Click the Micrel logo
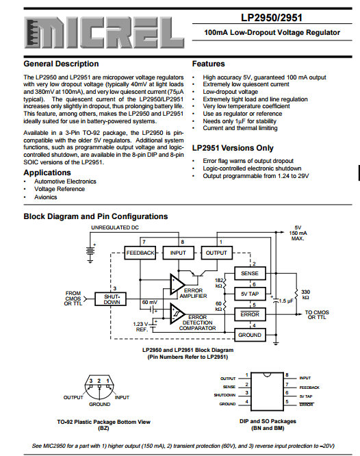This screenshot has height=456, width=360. (104, 33)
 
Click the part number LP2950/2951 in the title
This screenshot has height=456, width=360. (272, 18)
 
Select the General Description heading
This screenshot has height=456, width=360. (61, 64)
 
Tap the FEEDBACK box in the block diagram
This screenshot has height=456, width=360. (140, 253)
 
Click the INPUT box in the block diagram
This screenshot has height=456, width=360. (178, 253)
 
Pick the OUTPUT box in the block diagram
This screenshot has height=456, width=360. (216, 253)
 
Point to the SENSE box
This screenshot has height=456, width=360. (250, 273)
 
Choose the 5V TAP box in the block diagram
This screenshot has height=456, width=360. (250, 294)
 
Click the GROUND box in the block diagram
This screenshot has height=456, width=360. (250, 335)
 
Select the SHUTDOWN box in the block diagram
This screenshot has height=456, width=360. (111, 299)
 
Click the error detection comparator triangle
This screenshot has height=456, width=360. (177, 314)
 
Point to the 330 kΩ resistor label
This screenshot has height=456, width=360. (305, 294)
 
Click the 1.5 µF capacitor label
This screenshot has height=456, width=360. (286, 301)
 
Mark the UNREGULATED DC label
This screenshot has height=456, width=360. (115, 227)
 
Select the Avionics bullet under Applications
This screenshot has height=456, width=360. (46, 197)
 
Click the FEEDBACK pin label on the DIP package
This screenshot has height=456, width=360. (309, 388)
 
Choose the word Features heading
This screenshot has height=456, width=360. (209, 64)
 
